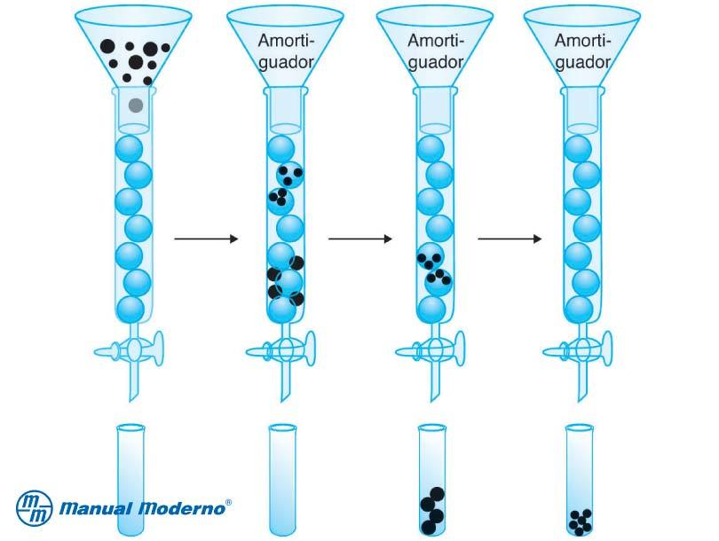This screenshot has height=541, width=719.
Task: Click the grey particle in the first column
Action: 135,106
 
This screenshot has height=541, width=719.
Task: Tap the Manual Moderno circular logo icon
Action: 36,508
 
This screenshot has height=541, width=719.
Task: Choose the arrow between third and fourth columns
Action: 510,239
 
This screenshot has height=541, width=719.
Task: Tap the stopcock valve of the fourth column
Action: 579,349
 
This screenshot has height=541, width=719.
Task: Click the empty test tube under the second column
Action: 283,479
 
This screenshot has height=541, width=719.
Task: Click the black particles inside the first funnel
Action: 132,55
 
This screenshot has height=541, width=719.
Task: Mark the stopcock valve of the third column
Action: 432,349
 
